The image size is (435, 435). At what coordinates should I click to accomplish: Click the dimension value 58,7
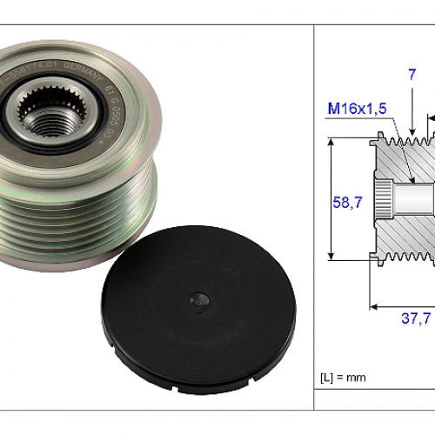coord(347,202)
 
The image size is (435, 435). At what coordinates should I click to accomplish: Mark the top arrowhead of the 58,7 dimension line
coord(331,140)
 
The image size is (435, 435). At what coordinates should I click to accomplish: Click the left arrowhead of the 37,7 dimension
coord(374,304)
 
